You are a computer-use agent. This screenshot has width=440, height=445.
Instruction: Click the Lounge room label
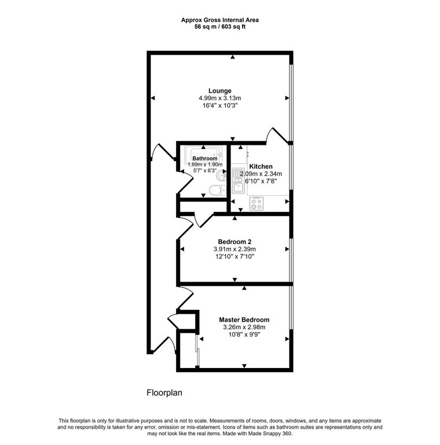[220, 90]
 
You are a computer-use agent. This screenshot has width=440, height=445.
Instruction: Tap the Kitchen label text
[261, 166]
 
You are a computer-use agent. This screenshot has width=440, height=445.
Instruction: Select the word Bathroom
[205, 158]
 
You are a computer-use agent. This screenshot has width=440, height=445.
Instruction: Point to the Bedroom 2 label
[234, 242]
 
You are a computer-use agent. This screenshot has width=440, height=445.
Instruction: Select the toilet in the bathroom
[214, 191]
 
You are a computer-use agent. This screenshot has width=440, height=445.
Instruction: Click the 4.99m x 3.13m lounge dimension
[220, 99]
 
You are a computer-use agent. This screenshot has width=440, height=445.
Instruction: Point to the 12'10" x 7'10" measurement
[234, 257]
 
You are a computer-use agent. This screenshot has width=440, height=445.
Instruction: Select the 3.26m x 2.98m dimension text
[244, 327]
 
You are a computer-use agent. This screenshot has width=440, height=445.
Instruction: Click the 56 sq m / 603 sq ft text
[219, 27]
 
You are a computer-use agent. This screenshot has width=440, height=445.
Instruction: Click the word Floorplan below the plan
[164, 392]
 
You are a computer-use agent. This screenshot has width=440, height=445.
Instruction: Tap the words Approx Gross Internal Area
[219, 20]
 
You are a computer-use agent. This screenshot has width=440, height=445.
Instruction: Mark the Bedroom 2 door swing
[189, 226]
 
